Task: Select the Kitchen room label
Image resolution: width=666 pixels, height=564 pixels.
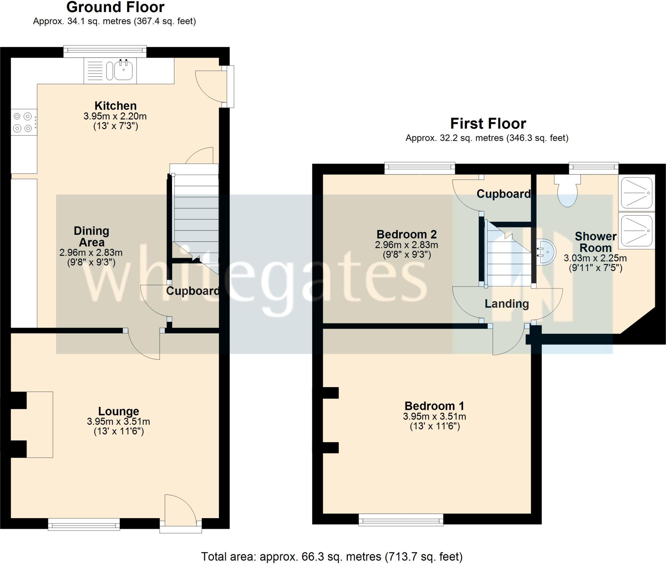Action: (115, 106)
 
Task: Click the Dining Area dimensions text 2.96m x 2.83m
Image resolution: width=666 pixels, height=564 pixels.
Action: (91, 252)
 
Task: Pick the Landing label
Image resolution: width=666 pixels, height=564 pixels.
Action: (507, 303)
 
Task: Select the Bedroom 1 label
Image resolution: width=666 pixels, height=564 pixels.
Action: (434, 406)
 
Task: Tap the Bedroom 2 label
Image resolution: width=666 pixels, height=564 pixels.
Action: (406, 234)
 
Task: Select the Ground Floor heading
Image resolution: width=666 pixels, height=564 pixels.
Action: (115, 7)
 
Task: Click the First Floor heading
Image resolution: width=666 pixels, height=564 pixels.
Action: (488, 124)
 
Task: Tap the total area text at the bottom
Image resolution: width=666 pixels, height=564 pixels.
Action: (332, 557)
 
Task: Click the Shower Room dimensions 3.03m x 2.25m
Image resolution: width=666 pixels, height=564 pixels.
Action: (595, 258)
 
